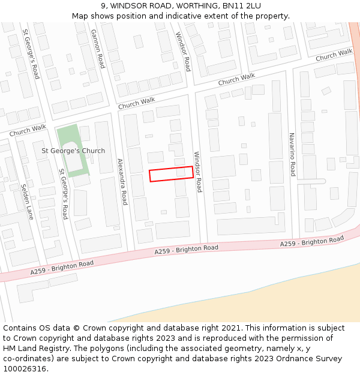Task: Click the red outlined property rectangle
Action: (171, 173)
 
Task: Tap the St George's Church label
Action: (73, 151)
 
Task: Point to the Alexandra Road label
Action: (122, 181)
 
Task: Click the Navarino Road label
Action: (292, 154)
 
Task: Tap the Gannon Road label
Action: (97, 48)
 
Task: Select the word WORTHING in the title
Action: (190, 6)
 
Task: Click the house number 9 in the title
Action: (112, 6)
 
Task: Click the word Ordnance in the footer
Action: (294, 358)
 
